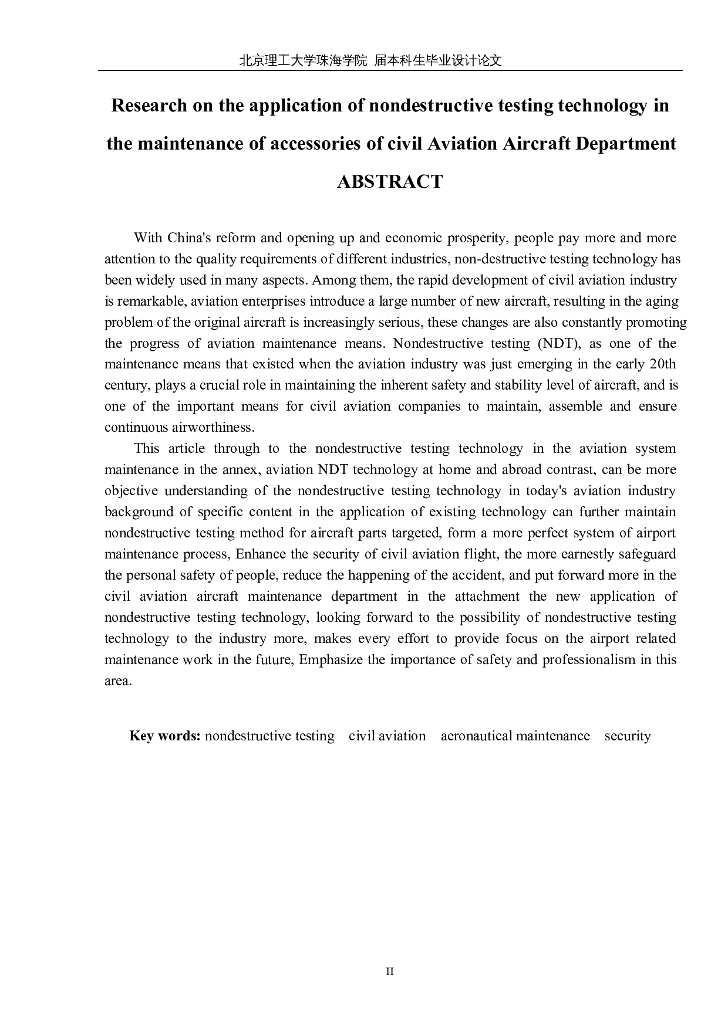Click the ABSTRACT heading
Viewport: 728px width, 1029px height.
click(390, 182)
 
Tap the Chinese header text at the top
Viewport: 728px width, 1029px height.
click(370, 60)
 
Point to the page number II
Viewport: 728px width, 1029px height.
click(390, 971)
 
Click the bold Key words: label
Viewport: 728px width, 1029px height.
click(165, 736)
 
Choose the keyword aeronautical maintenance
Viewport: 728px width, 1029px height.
click(515, 736)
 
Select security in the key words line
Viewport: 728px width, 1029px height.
click(628, 736)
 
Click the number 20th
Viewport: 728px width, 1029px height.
click(662, 364)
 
